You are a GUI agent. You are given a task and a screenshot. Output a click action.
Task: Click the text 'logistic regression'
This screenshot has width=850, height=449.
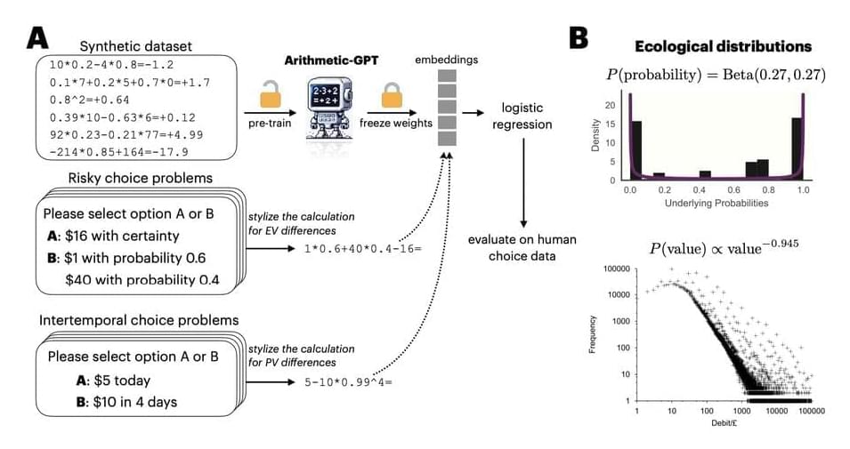[522, 116]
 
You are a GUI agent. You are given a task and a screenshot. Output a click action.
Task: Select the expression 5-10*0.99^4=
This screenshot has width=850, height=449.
[348, 381]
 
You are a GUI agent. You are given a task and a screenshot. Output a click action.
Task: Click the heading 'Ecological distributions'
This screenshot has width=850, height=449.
[722, 45]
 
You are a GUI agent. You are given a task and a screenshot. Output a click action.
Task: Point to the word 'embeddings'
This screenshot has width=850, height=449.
[446, 60]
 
